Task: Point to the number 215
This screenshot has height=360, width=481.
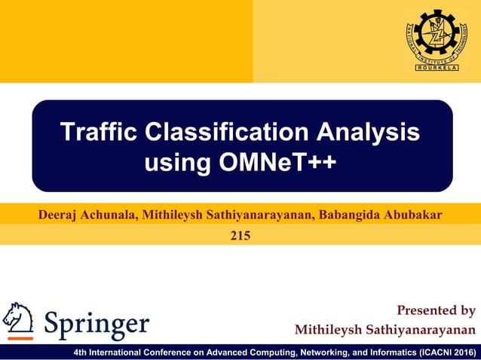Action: (x=240, y=236)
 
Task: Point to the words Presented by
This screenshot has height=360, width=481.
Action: (x=436, y=310)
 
